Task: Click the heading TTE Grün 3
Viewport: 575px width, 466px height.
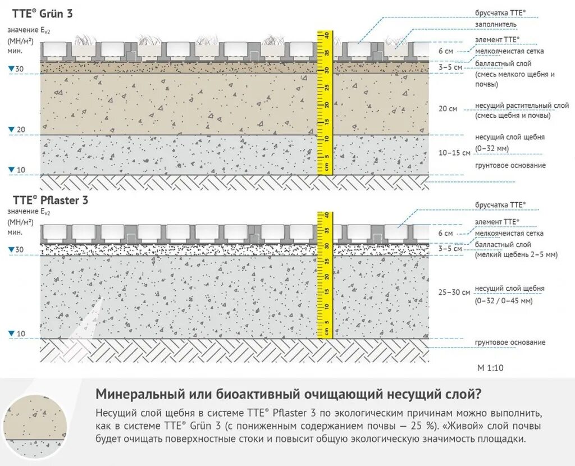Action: (x=42, y=13)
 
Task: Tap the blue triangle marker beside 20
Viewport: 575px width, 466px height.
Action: (x=11, y=130)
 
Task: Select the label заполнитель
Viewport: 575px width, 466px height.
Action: (x=496, y=25)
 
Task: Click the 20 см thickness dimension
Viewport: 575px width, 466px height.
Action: (x=448, y=108)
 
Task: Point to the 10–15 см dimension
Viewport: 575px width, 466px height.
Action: (x=454, y=153)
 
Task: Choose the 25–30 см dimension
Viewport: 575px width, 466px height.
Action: (x=454, y=293)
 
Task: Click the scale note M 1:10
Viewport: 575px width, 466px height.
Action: (x=490, y=368)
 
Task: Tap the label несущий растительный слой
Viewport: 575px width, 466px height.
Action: (x=522, y=106)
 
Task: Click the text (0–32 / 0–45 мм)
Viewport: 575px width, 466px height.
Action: (x=504, y=301)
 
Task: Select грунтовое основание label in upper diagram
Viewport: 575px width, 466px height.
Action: (x=510, y=166)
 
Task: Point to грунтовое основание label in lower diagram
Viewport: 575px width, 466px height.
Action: (x=510, y=342)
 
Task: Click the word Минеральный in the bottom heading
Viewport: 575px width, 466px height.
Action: (x=133, y=392)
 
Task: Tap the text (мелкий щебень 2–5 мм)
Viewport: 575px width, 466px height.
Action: (x=515, y=255)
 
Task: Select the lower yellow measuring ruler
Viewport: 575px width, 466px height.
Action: (x=325, y=275)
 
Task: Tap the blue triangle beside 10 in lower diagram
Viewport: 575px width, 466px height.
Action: (x=11, y=334)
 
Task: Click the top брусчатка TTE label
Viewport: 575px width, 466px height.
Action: (x=500, y=12)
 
